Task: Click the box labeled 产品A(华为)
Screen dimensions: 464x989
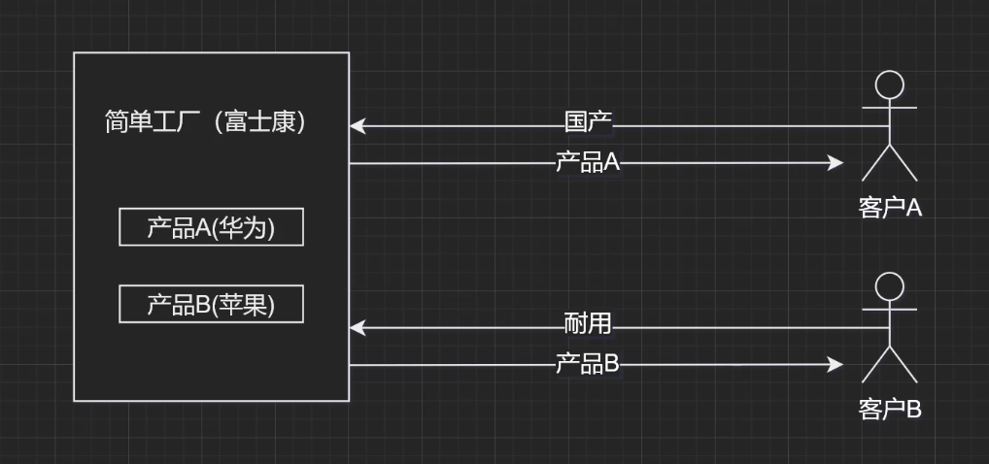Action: (211, 227)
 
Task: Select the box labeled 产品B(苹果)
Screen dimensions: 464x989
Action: (211, 304)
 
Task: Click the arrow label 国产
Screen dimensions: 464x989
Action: (588, 123)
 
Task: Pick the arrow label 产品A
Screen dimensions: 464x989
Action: (587, 162)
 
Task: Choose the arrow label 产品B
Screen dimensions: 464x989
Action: (587, 364)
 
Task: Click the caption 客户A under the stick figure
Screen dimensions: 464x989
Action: (889, 207)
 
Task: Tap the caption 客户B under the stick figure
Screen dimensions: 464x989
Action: (889, 409)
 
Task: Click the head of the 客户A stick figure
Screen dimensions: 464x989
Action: (889, 85)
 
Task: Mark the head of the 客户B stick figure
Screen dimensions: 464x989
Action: (889, 287)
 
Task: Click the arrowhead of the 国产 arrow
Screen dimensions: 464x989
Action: (357, 125)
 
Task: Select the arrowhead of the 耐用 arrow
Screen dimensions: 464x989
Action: (357, 327)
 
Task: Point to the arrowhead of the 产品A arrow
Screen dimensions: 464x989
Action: (836, 163)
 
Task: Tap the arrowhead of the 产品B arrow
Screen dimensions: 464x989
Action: (836, 365)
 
